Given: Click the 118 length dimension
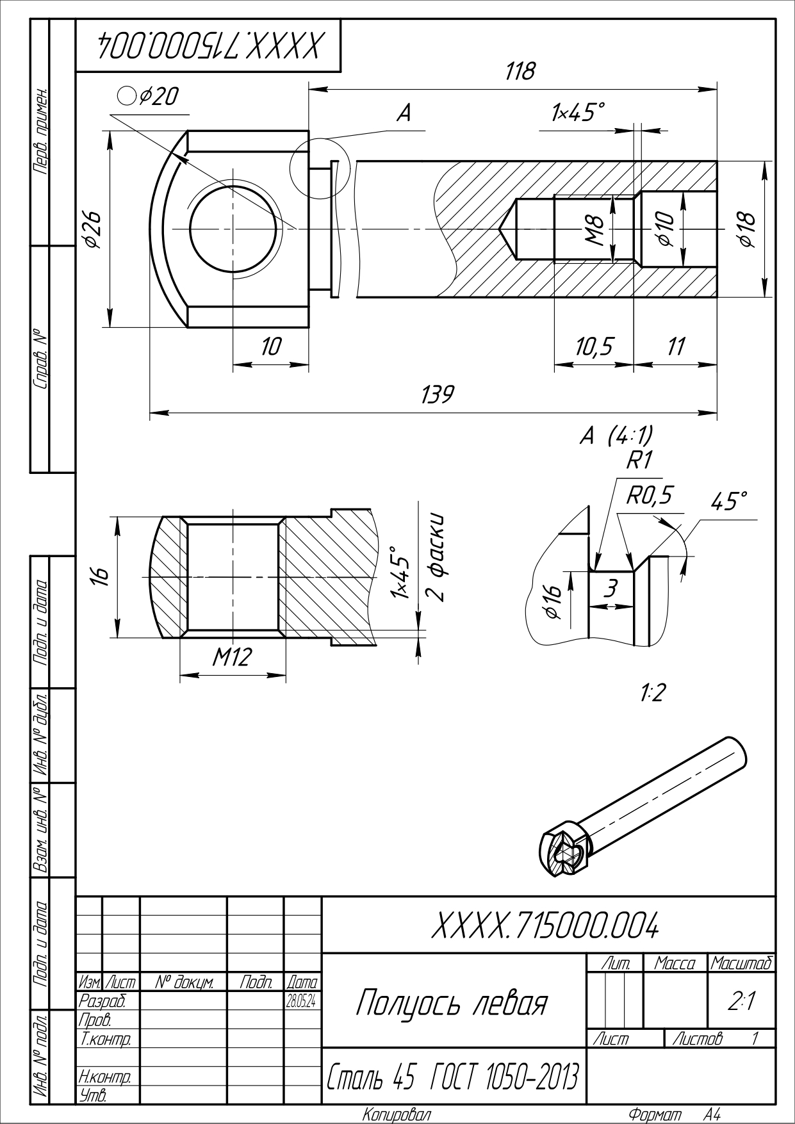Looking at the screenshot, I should click(x=520, y=71).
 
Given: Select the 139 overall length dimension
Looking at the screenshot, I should click(x=438, y=395).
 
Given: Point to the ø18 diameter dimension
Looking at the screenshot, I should click(x=747, y=229).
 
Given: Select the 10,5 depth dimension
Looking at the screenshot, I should click(x=593, y=347).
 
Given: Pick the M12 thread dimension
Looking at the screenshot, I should click(x=232, y=656).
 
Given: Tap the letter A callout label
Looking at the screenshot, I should click(x=404, y=113).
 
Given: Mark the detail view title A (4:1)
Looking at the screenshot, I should click(x=616, y=436).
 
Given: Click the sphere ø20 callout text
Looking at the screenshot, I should click(x=150, y=96).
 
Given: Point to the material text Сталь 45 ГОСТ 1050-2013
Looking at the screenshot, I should click(x=454, y=1078).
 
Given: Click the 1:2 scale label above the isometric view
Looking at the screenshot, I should click(x=652, y=692).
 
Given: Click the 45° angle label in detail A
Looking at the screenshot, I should click(x=729, y=501).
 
